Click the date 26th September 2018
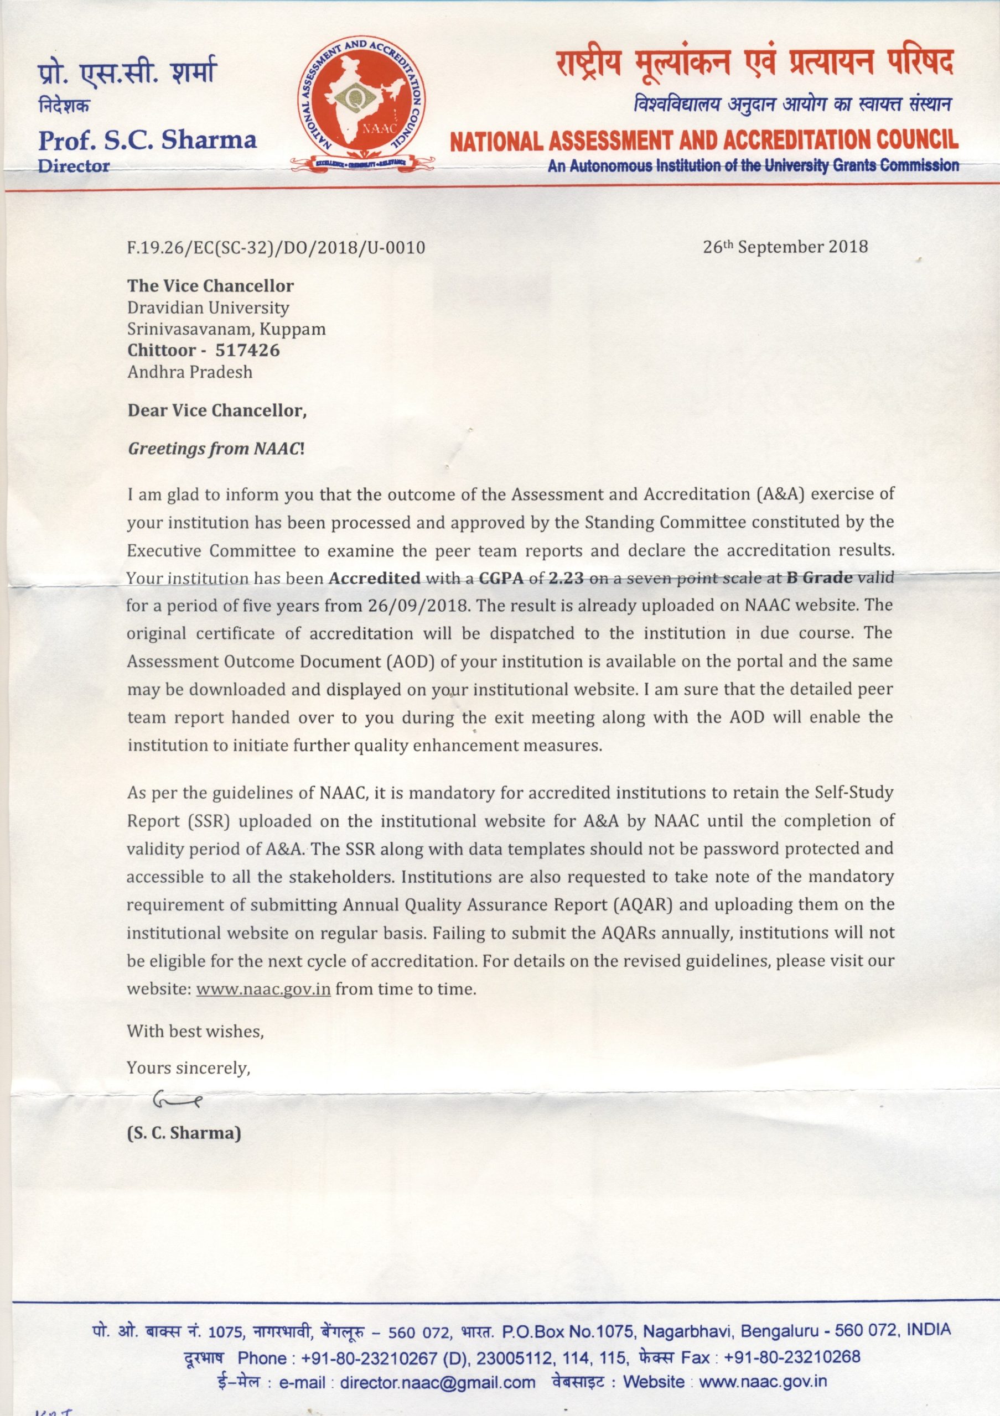pyautogui.click(x=785, y=247)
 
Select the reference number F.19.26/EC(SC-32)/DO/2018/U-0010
pyautogui.click(x=276, y=248)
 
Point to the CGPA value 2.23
pyautogui.click(x=566, y=578)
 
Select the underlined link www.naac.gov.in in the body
pyautogui.click(x=263, y=989)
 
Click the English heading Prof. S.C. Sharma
pyautogui.click(x=147, y=139)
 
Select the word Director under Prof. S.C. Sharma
pyautogui.click(x=74, y=165)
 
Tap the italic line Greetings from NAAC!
pyautogui.click(x=216, y=449)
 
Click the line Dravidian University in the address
pyautogui.click(x=208, y=307)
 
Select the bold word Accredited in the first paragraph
pyautogui.click(x=375, y=578)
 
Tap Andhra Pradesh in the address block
pyautogui.click(x=190, y=372)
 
